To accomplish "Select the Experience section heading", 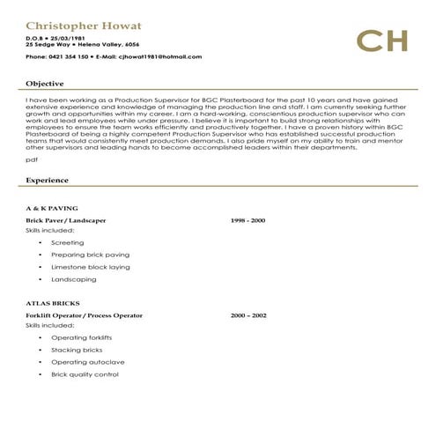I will coord(48,180).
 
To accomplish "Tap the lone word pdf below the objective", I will coord(32,160).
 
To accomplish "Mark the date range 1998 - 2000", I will coord(248,219).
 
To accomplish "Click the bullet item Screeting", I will coord(68,242).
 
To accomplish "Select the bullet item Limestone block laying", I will coord(90,266).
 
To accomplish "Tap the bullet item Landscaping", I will coord(74,278).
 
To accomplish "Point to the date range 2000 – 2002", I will coord(248,314).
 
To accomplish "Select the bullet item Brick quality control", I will coord(85,374).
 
